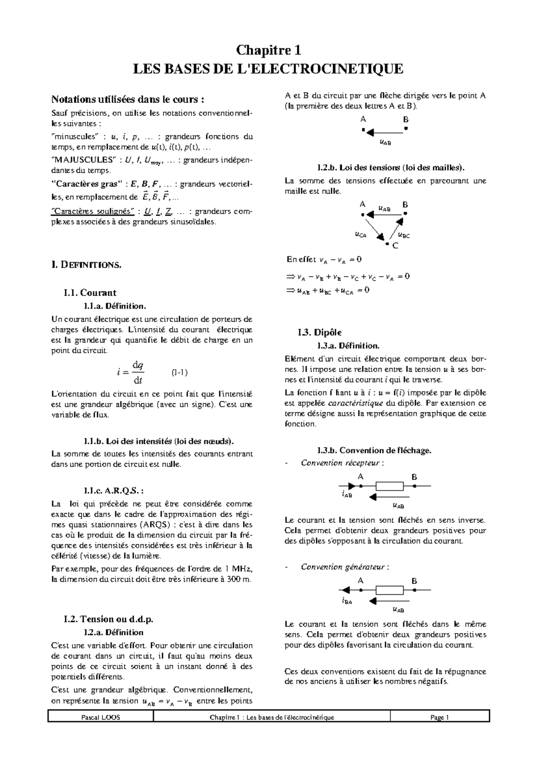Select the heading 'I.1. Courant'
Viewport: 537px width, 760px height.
(90, 293)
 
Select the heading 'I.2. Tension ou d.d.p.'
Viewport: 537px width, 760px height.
(109, 619)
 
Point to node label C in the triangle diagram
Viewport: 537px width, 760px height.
(395, 246)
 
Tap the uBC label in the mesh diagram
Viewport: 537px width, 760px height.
(404, 235)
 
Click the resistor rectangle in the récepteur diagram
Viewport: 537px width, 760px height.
(389, 486)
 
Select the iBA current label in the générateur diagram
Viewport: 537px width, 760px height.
(347, 601)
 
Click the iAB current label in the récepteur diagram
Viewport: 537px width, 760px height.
(347, 495)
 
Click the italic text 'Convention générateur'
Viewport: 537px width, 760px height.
(343, 567)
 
